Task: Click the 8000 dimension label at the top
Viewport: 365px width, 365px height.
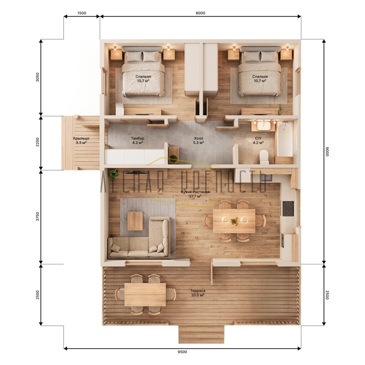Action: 200,13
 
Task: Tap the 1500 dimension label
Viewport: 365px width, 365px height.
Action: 82,13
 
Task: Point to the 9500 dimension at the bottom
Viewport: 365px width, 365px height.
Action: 182,352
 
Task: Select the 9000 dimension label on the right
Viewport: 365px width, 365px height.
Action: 327,152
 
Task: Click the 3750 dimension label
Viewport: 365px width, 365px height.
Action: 38,216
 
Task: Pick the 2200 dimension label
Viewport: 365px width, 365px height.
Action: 38,142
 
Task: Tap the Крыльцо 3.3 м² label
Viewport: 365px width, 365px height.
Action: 81,140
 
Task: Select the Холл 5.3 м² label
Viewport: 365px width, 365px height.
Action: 199,140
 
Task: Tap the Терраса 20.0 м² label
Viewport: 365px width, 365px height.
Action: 198,293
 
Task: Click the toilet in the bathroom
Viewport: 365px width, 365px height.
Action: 264,157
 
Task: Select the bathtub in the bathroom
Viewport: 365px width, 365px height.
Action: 284,139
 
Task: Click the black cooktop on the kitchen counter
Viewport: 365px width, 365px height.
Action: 288,209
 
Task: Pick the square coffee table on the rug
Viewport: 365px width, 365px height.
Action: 135,221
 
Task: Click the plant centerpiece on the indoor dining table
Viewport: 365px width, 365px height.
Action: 235,221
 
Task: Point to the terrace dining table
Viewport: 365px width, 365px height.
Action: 145,294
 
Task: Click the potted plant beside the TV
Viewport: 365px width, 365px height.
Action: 114,174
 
